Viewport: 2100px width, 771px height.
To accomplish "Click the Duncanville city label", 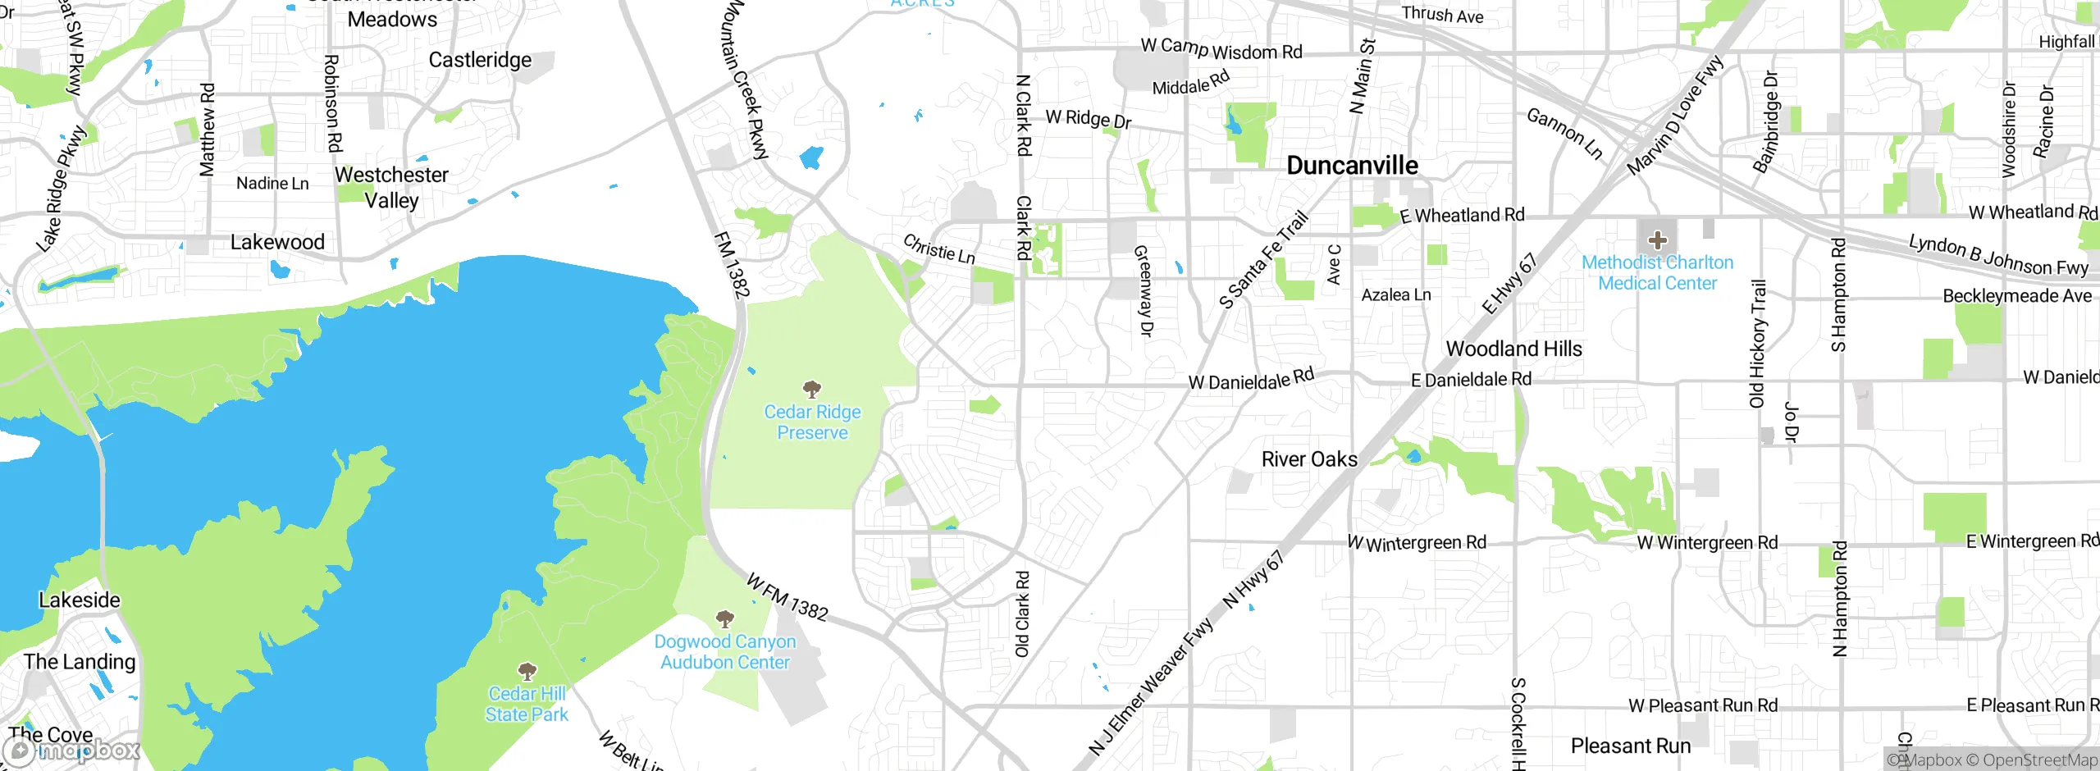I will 1352,166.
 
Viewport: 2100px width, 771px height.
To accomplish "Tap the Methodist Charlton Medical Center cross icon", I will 1657,240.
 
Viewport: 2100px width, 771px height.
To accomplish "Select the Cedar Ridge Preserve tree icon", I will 812,389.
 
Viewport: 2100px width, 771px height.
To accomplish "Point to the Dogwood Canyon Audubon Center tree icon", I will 724,618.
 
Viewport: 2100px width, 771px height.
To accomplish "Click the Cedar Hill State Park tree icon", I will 527,672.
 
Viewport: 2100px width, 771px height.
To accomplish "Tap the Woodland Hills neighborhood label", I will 1513,349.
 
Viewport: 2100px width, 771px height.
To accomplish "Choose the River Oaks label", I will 1309,459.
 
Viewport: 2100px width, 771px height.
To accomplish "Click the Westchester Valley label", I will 391,187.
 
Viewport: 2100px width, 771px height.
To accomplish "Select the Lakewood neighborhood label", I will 277,242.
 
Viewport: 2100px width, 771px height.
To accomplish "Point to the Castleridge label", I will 480,60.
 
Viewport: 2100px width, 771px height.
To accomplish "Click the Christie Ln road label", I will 939,249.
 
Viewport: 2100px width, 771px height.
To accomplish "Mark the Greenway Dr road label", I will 1144,290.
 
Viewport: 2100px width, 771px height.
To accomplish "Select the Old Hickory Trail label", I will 1757,344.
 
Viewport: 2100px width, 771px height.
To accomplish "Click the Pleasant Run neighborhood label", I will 1631,746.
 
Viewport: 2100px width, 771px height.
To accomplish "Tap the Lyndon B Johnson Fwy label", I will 1998,255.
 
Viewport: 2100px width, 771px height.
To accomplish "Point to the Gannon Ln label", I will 1564,134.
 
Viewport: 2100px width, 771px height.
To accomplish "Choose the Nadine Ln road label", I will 272,183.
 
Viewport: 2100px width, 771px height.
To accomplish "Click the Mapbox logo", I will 72,750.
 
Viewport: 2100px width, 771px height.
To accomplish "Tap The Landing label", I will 80,661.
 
